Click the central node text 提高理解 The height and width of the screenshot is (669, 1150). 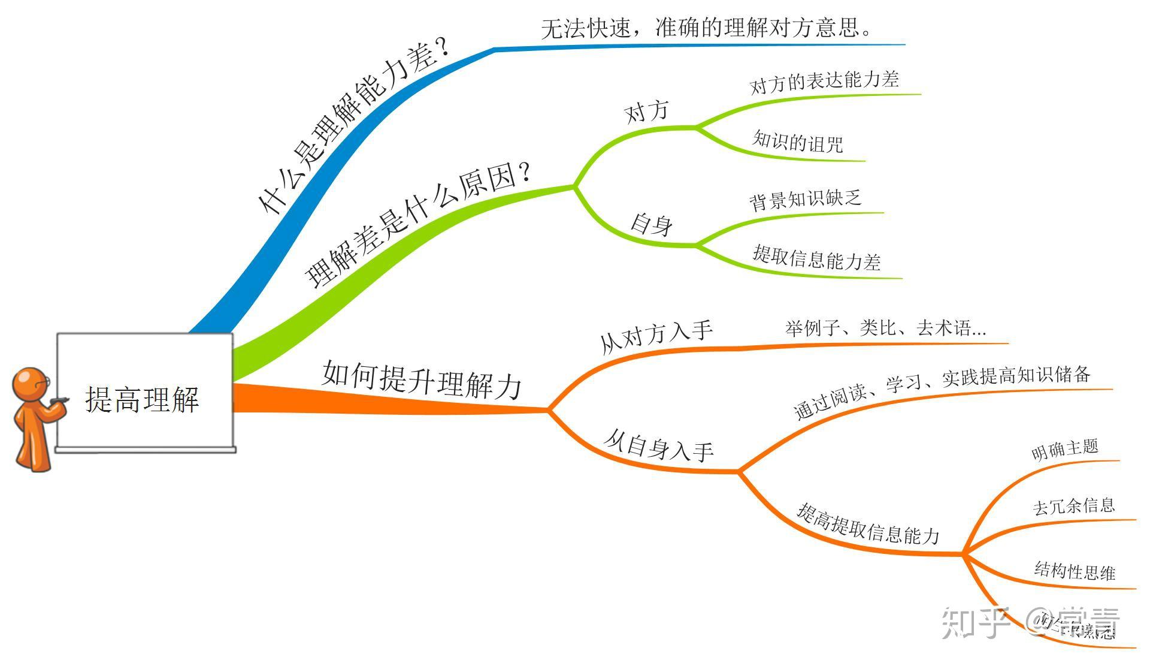pos(142,399)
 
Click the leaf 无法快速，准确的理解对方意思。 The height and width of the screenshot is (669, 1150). pos(707,28)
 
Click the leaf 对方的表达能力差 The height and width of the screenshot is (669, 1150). pos(824,82)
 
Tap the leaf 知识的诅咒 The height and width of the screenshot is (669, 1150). pos(797,141)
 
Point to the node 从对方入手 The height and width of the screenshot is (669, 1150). pos(656,336)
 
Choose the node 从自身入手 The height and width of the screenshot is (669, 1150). pos(659,445)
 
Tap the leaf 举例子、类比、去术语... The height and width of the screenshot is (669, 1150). pos(885,328)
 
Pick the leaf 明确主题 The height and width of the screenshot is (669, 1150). pos(1065,449)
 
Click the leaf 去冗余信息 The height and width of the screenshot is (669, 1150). pos(1073,506)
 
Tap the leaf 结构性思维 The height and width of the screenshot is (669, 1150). pos(1075,571)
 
